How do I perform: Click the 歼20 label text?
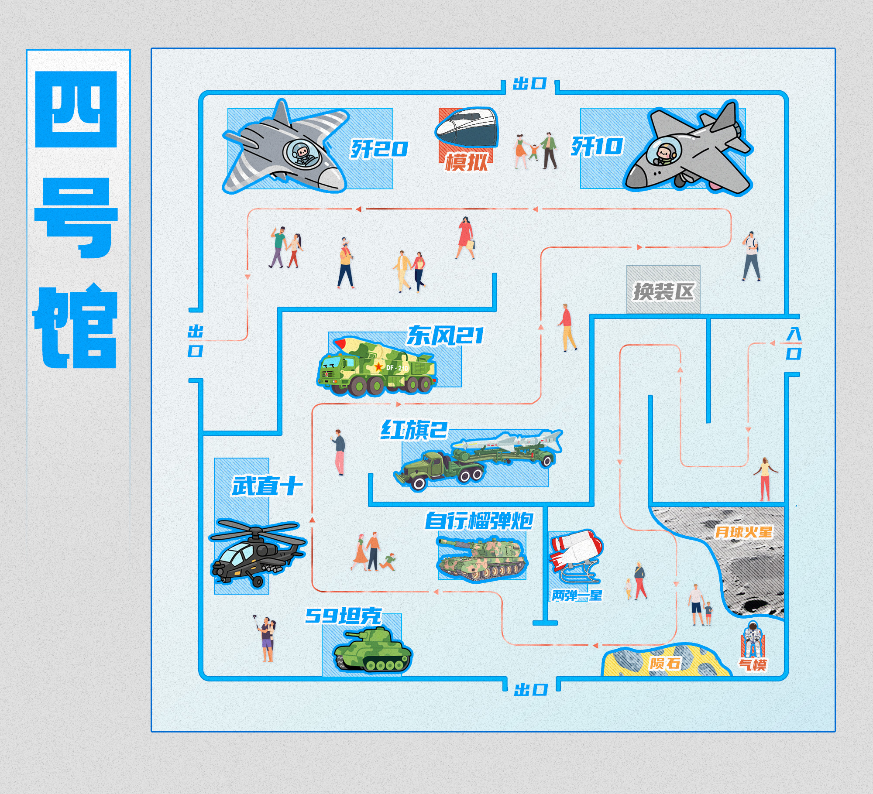click(379, 149)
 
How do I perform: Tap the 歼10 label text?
click(597, 146)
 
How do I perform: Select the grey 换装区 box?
click(663, 290)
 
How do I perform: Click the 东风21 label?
click(445, 335)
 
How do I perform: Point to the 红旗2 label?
click(414, 430)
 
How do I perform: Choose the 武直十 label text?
click(267, 486)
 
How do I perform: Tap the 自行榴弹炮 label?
click(479, 520)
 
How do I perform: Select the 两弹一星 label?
click(577, 595)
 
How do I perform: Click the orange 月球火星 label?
click(743, 532)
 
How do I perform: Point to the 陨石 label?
click(665, 663)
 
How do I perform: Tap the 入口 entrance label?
click(794, 344)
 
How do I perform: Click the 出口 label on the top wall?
click(530, 83)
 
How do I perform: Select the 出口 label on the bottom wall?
click(531, 690)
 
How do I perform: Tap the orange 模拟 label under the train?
click(466, 162)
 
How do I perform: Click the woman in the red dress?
click(465, 238)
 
